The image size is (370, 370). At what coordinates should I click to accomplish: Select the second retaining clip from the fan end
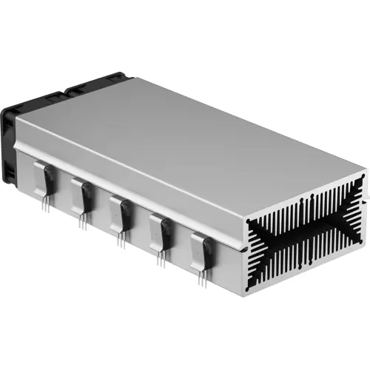tap(78, 195)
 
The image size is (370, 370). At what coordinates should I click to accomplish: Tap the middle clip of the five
tap(115, 210)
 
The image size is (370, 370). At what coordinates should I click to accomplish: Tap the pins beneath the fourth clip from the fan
tap(161, 257)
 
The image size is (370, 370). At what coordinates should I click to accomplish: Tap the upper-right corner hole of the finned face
tap(362, 181)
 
